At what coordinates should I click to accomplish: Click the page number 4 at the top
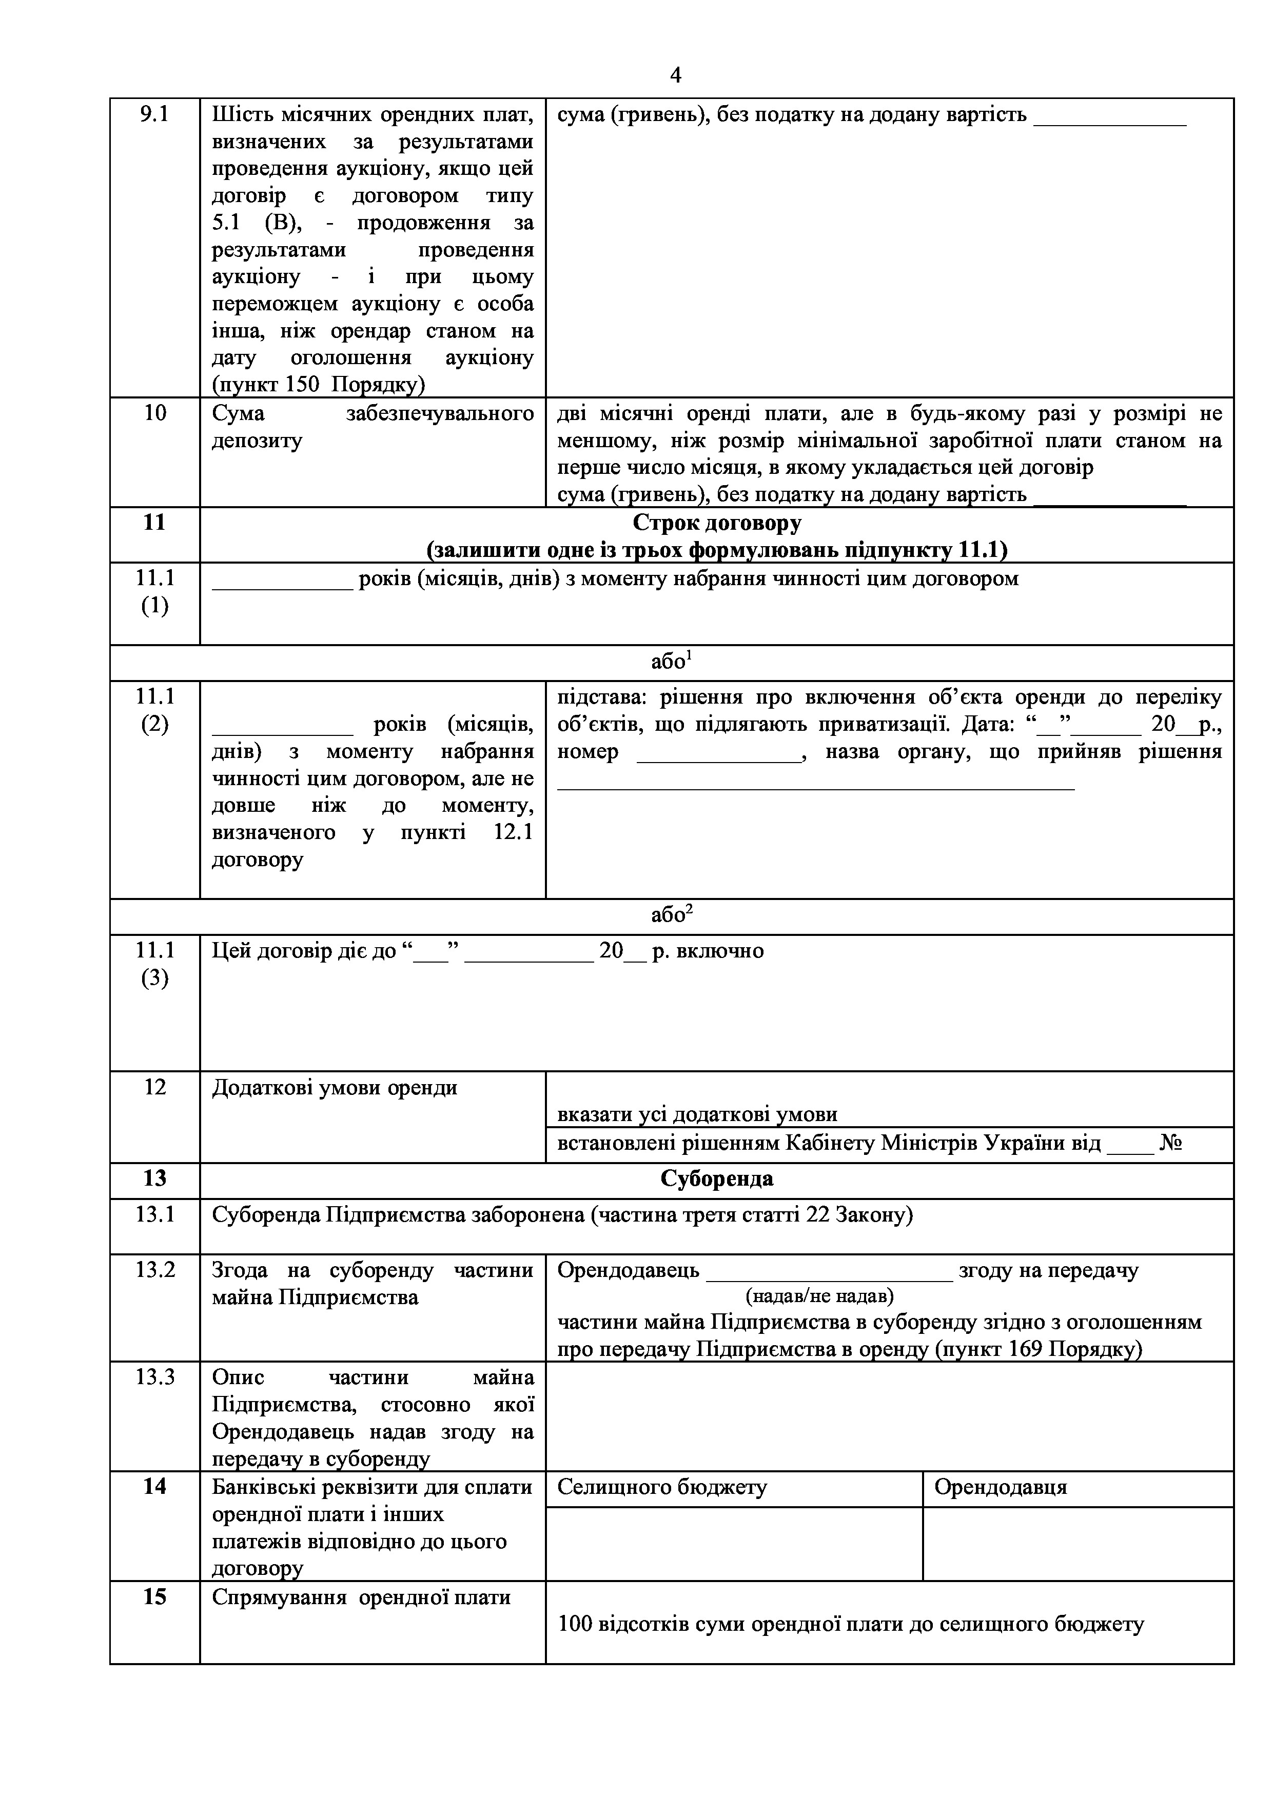[x=676, y=75]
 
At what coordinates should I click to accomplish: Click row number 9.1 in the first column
[x=154, y=114]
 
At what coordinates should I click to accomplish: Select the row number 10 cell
[x=154, y=413]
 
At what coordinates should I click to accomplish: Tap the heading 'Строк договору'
[x=716, y=522]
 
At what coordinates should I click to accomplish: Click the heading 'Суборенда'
[x=716, y=1178]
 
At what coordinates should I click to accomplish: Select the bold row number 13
[x=154, y=1178]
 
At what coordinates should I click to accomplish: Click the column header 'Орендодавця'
[x=1000, y=1487]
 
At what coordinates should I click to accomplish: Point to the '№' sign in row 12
[x=1170, y=1144]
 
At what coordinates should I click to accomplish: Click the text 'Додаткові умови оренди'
[x=335, y=1088]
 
